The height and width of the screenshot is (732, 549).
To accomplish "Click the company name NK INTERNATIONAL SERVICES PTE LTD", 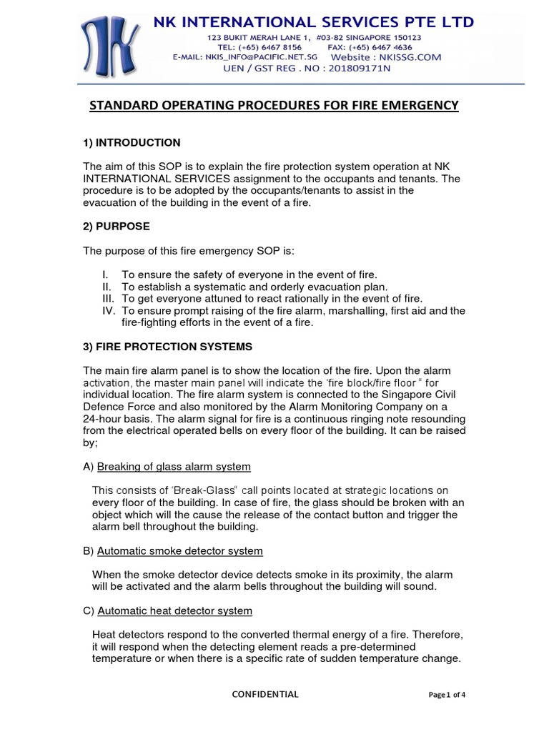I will pos(314,21).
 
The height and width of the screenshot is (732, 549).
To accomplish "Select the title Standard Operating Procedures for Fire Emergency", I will pos(273,106).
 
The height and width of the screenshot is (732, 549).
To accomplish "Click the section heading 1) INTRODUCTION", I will pos(132,142).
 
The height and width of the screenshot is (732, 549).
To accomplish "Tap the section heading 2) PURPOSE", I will pos(117,226).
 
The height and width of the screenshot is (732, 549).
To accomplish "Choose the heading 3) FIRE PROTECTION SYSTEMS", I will pos(168,347).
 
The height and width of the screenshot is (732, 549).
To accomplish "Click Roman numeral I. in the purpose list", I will pos(106,274).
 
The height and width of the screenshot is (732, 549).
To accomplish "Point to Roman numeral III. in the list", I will pos(107,299).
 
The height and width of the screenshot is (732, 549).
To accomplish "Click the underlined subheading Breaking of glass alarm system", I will pos(174,467).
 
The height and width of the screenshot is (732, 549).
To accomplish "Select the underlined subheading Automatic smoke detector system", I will pos(179,551).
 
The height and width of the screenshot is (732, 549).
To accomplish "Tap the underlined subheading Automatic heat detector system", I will pos(174,611).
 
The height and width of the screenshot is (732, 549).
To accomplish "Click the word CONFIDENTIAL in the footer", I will pos(266,694).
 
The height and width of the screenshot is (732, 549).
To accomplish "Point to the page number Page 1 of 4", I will pos(447,695).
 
